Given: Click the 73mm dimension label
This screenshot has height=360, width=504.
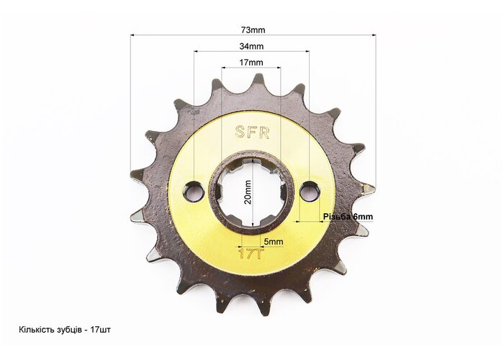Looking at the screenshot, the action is coord(253,30).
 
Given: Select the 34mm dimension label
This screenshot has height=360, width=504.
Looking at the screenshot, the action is coord(251,46).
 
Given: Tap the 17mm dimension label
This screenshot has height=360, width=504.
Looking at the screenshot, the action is coord(251,63).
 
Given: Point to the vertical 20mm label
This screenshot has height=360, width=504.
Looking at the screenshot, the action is coord(248,192).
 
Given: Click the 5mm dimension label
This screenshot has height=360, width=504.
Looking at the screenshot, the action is coord(274,241).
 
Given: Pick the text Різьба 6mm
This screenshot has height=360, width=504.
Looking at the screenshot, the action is coord(348,217).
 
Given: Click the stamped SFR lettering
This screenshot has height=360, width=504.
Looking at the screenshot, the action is coord(252,132).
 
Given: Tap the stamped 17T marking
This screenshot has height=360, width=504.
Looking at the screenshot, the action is coord(251,253).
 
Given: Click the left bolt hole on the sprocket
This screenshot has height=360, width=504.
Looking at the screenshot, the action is coord(194,192).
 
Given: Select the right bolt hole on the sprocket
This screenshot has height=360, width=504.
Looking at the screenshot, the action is coord(309,190).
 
